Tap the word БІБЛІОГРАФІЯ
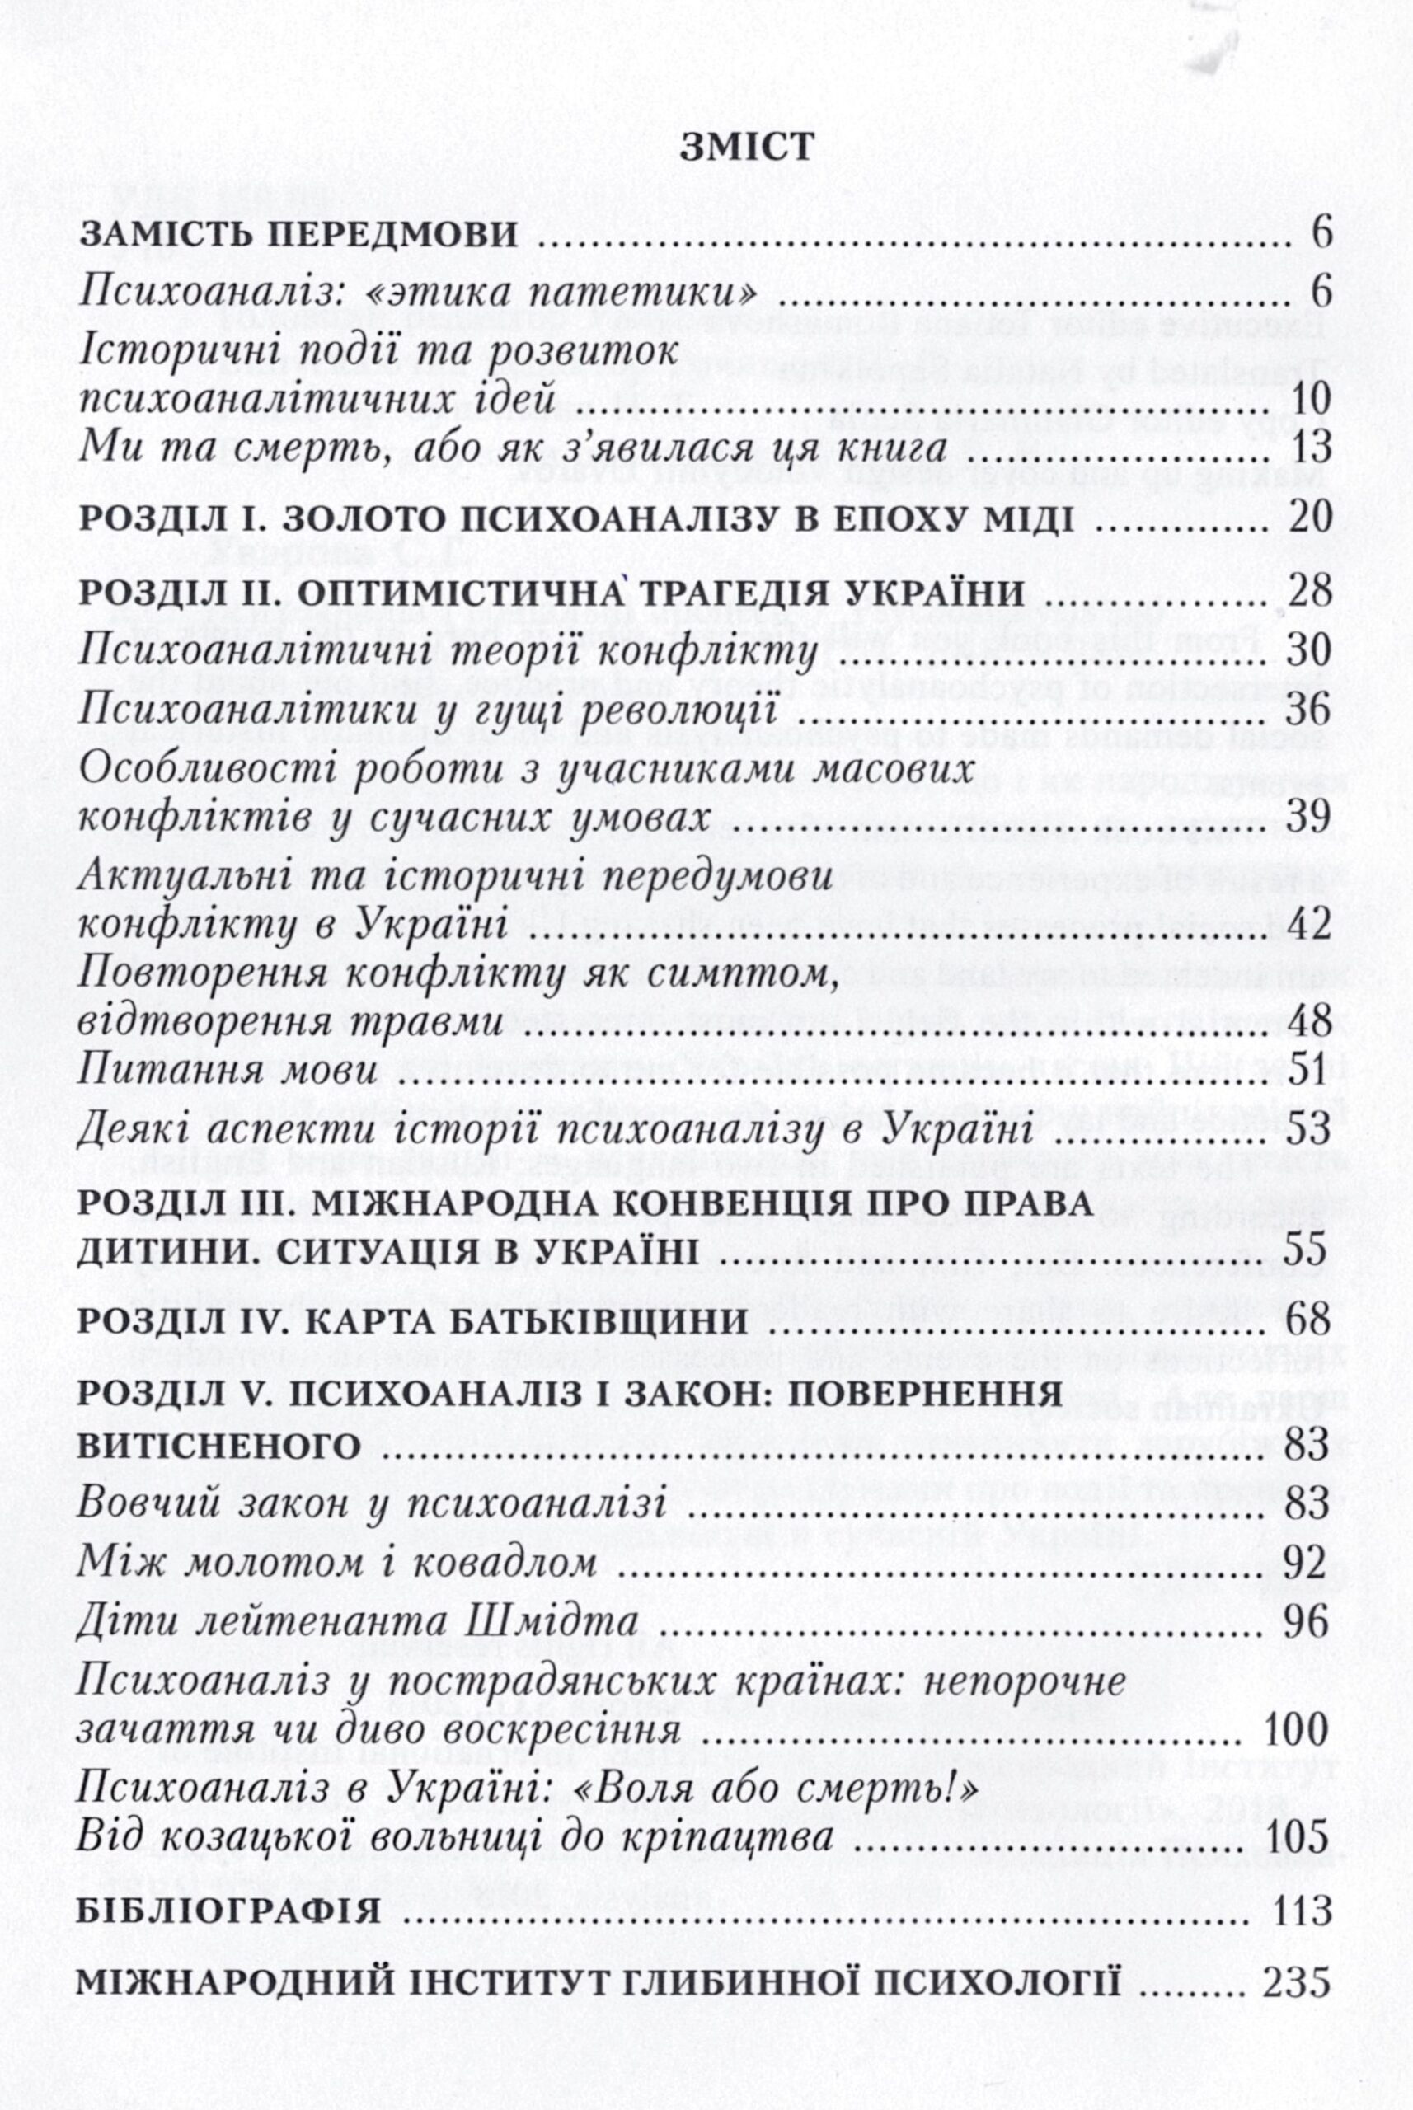[x=230, y=1978]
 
